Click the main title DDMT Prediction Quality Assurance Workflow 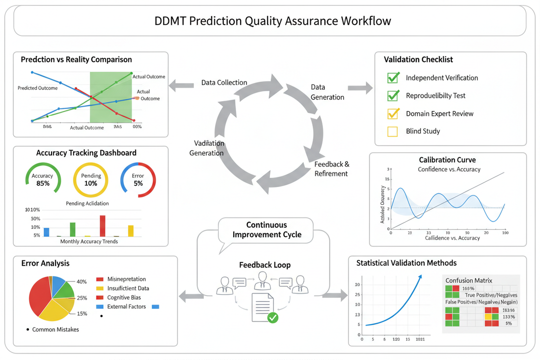click(273, 21)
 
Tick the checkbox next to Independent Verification click(393, 78)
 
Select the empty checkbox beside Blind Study click(393, 131)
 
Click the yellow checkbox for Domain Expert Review click(393, 113)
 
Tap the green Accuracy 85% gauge click(43, 179)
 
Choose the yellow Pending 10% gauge click(91, 179)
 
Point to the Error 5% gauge click(138, 179)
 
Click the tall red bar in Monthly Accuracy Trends click(103, 226)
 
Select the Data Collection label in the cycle click(224, 83)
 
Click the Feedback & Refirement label click(332, 168)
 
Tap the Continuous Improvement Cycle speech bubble click(266, 230)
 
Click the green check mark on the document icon click(272, 318)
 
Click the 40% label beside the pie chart click(81, 282)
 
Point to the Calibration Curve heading click(447, 160)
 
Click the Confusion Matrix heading click(469, 280)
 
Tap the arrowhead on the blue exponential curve click(420, 277)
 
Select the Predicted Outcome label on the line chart click(37, 88)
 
